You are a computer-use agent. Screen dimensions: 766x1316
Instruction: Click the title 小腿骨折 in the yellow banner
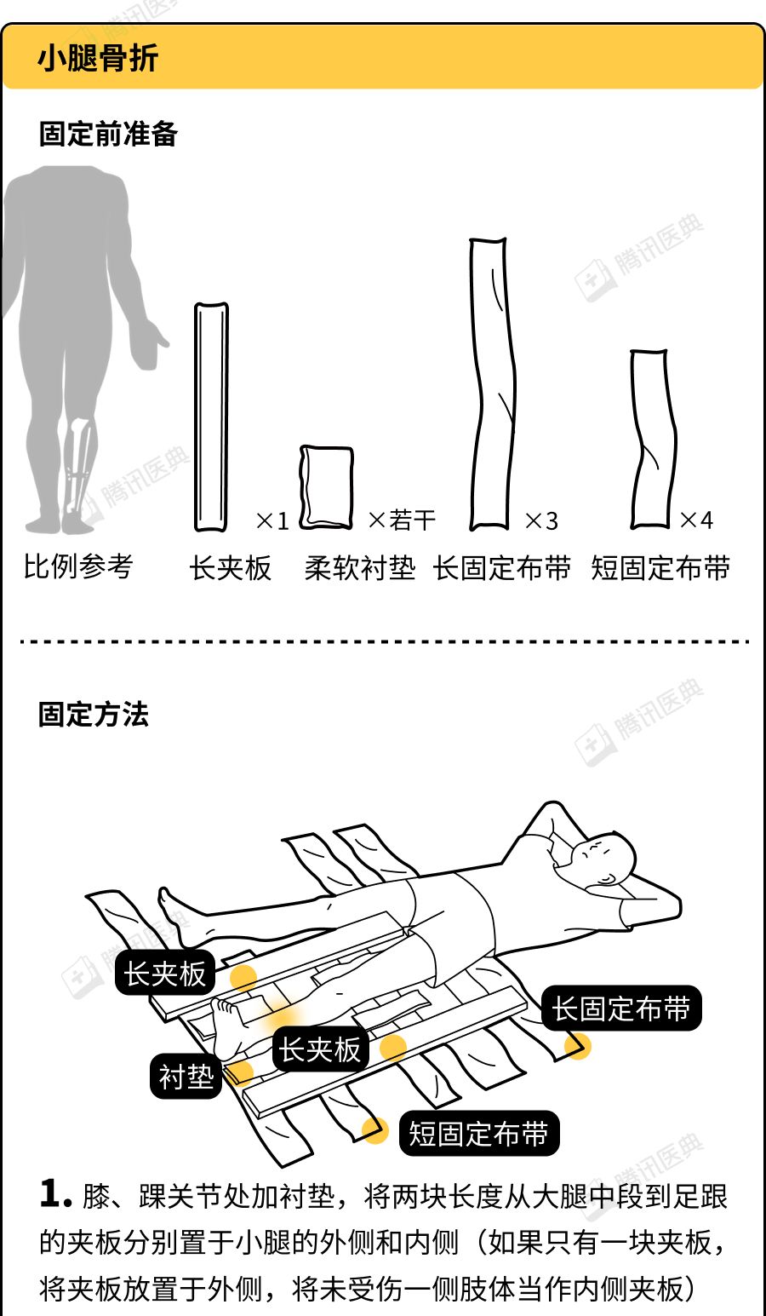tap(97, 58)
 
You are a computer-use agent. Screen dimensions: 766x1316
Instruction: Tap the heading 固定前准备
tap(108, 134)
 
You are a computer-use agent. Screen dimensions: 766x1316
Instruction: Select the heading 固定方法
tap(94, 715)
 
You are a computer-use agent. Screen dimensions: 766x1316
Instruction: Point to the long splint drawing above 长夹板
tap(211, 417)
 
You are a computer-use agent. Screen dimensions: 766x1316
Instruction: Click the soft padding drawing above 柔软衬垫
tap(327, 487)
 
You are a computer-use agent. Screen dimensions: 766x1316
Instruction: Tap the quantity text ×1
tap(273, 520)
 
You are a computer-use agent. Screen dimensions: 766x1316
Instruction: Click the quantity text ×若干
tap(402, 520)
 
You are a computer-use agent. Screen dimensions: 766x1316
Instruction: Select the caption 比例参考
tap(78, 566)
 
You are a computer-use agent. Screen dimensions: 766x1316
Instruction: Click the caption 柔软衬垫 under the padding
tap(360, 568)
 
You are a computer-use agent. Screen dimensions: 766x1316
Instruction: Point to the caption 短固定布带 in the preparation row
tap(660, 568)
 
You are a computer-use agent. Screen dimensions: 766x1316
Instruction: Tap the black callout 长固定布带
tap(621, 1009)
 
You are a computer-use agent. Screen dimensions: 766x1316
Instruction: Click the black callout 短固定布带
tap(477, 1133)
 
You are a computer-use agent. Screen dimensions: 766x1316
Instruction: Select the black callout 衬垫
tap(186, 1077)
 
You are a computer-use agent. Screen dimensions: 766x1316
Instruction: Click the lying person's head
tap(604, 858)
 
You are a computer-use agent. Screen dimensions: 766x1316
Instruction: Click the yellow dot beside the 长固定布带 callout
tap(578, 1046)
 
